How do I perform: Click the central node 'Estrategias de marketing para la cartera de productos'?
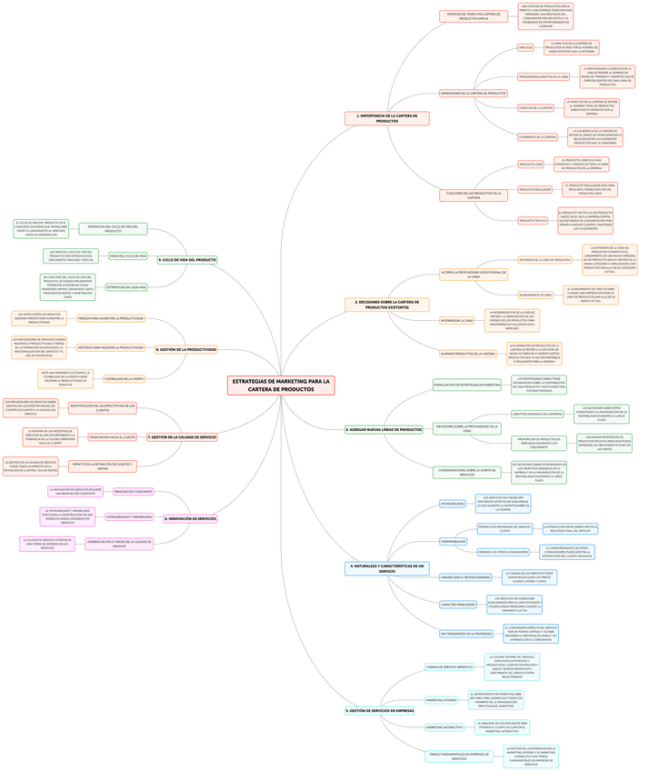(x=281, y=385)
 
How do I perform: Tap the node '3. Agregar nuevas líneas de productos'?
(x=384, y=429)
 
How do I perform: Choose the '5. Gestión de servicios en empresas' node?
(x=381, y=710)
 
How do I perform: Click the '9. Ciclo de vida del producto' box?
(x=187, y=260)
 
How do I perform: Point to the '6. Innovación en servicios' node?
(x=190, y=518)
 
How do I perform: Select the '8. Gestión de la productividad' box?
(x=186, y=349)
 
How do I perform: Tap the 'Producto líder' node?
(x=531, y=165)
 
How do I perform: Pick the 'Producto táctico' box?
(x=533, y=221)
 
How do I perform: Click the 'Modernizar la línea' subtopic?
(x=457, y=320)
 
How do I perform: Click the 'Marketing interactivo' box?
(x=445, y=727)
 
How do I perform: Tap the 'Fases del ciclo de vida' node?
(x=127, y=256)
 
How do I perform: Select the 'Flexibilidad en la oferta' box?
(x=123, y=378)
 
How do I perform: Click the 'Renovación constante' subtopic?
(x=133, y=492)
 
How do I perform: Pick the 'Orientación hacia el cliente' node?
(x=112, y=437)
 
